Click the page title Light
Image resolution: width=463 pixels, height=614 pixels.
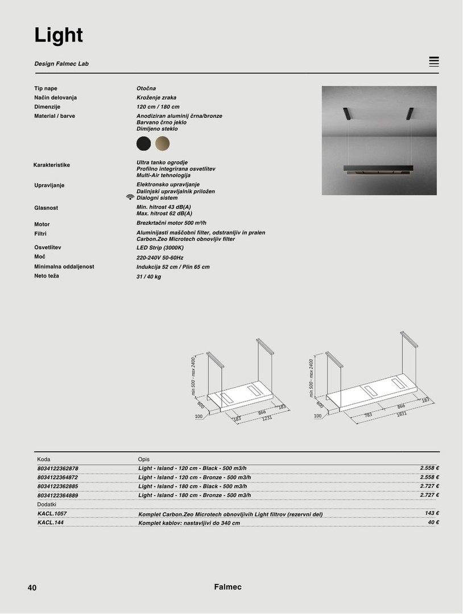pos(59,35)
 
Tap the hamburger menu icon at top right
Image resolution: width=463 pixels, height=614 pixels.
pos(434,62)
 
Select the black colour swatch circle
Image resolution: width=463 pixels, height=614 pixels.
pos(144,143)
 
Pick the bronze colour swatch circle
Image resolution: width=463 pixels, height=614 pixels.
pos(163,143)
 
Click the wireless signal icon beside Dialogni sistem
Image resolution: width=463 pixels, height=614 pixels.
pos(130,197)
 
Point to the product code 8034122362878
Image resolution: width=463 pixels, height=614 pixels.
pos(57,468)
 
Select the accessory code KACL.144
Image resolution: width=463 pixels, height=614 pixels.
pos(50,522)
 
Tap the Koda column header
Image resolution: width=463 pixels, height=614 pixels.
pos(44,459)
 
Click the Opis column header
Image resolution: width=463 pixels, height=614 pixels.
pos(144,459)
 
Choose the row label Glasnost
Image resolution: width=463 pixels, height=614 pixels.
pos(46,208)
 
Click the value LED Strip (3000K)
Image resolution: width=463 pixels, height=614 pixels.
pos(160,248)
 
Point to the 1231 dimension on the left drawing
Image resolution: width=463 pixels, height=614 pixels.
pos(267,418)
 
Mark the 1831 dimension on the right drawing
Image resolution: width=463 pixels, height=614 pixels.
pos(402,414)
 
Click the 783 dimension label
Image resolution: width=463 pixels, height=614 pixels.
pos(368,415)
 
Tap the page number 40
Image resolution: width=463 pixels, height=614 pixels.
pos(32,588)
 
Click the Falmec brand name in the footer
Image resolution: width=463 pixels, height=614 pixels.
pos(228,587)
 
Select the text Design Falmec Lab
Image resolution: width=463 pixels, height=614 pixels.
pos(61,64)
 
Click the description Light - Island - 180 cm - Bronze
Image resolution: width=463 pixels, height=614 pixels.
pos(195,495)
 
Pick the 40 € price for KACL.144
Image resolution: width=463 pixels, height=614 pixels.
pos(433,522)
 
